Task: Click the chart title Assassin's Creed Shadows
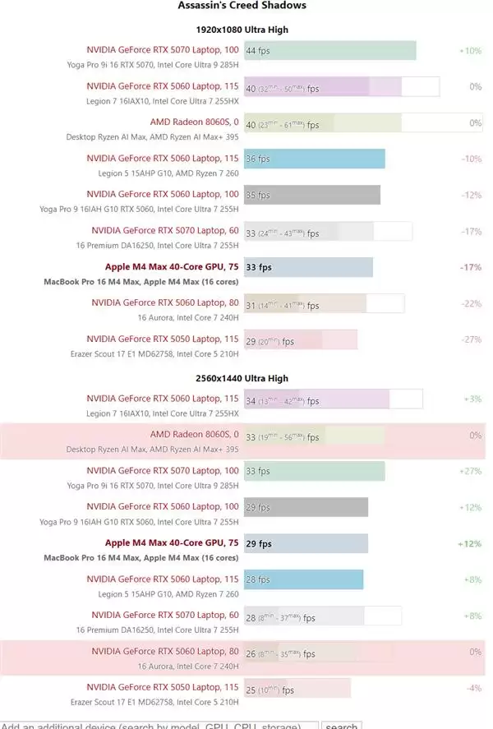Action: coord(242,6)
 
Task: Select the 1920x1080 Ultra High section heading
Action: coord(242,30)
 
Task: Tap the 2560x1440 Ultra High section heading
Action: coord(242,378)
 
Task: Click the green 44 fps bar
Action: coord(329,50)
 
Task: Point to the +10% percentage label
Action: coord(470,50)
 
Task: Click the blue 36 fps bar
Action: coord(314,159)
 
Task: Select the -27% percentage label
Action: coord(471,339)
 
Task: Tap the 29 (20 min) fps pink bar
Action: coord(300,339)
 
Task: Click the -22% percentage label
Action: coord(471,303)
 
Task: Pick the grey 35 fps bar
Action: coord(311,195)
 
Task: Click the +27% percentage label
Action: coord(470,471)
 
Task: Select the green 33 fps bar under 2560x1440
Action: coord(314,471)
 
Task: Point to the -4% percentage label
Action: coord(472,688)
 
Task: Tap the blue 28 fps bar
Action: coord(303,579)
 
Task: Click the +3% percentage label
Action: coord(472,399)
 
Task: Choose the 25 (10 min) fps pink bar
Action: coord(297,688)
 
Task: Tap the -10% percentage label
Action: coord(471,159)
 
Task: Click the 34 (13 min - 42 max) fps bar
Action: coord(332,399)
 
